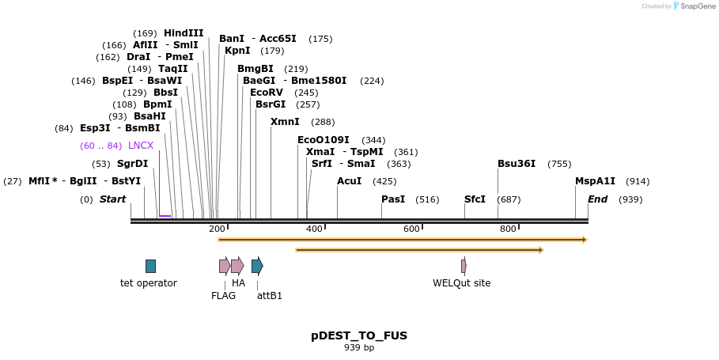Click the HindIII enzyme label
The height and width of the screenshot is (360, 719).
(x=183, y=33)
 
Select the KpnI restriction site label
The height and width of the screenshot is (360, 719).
(x=237, y=51)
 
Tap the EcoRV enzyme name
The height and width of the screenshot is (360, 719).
(x=266, y=93)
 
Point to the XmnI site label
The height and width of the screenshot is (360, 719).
(x=285, y=122)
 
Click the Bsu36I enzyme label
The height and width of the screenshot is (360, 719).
(x=517, y=164)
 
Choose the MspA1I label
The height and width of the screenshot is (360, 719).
(x=595, y=181)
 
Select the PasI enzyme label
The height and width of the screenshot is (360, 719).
(x=393, y=199)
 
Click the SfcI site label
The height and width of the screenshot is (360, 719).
(x=475, y=199)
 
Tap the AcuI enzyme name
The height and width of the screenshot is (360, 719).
(x=349, y=181)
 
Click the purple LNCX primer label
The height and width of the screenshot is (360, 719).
(x=141, y=146)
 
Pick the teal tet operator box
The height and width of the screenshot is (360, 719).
(x=150, y=266)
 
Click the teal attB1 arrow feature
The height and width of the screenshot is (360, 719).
(x=257, y=266)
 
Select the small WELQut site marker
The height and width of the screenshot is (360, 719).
(x=464, y=266)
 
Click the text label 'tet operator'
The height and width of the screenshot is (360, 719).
(x=149, y=283)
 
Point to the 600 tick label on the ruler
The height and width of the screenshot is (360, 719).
(x=411, y=229)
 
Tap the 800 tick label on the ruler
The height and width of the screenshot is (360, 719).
(x=508, y=229)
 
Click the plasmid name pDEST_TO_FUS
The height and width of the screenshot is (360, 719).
(x=359, y=335)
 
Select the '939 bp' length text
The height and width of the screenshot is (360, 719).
(x=359, y=348)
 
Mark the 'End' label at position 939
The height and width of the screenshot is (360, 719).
(x=597, y=199)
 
